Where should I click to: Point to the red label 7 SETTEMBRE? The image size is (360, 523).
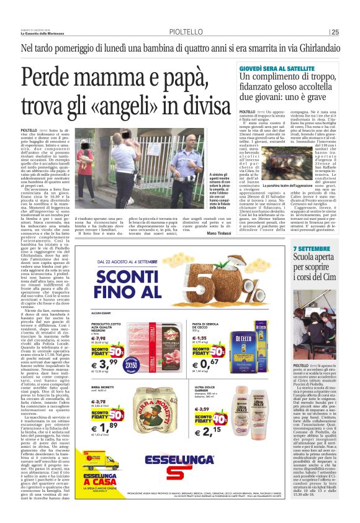click(311, 249)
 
